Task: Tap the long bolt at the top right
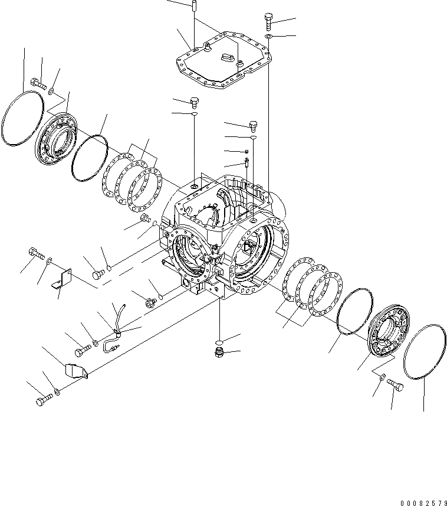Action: tap(269, 21)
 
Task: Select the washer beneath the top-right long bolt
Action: tap(268, 37)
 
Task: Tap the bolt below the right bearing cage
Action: tap(396, 385)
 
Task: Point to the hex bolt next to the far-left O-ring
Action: tap(37, 83)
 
